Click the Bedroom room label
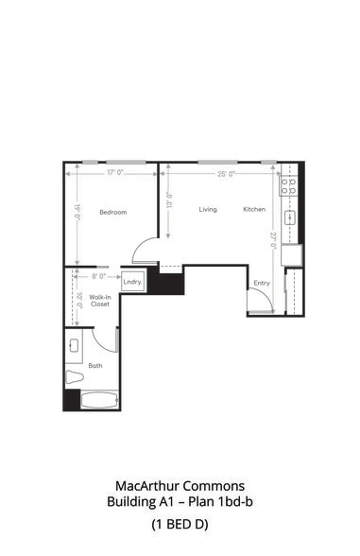[x=112, y=212]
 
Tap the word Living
[x=208, y=209]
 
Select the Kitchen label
[x=254, y=209]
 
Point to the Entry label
[x=261, y=283]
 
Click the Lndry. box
[x=132, y=282]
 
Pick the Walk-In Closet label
[x=100, y=301]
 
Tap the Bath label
[x=95, y=364]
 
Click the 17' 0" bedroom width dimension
[x=116, y=173]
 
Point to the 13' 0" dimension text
[x=168, y=200]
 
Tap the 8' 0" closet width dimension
[x=97, y=276]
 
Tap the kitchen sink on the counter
[x=292, y=217]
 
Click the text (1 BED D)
[x=180, y=523]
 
